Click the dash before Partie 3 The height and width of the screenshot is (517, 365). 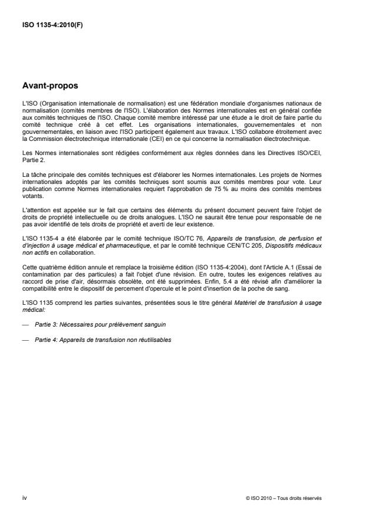pyautogui.click(x=25, y=324)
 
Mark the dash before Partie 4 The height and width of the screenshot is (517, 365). pyautogui.click(x=25, y=340)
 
